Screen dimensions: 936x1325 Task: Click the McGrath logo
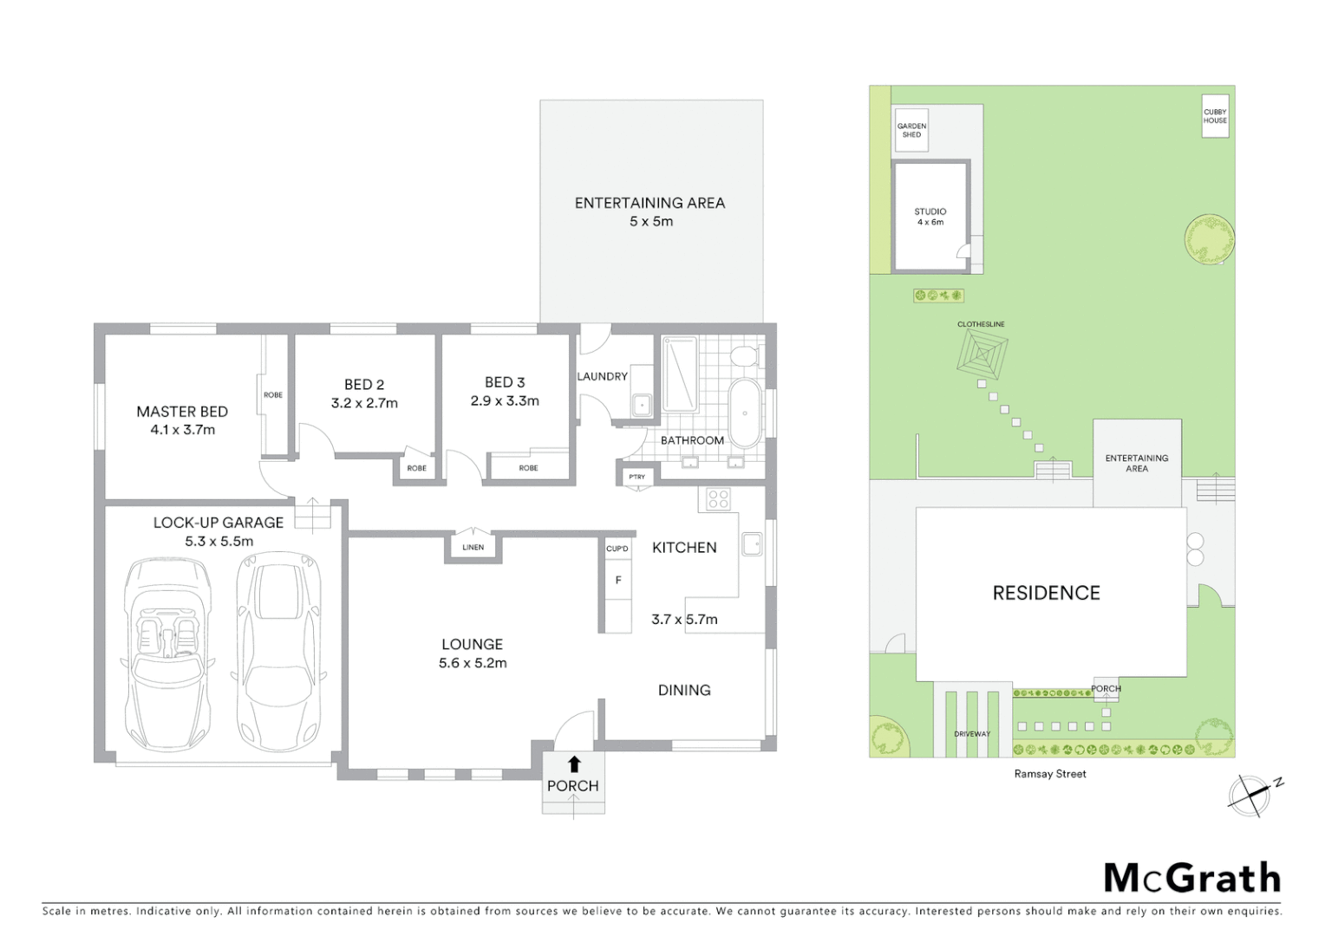tap(1191, 878)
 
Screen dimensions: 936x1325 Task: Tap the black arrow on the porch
tap(573, 764)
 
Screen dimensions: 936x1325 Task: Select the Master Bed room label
tap(182, 412)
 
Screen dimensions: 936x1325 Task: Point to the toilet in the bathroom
tap(744, 356)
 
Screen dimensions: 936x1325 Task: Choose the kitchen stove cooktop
tap(718, 499)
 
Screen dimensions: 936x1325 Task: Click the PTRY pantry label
tap(636, 477)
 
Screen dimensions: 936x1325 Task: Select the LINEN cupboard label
tap(473, 548)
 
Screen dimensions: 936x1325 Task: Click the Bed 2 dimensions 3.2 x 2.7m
tap(364, 403)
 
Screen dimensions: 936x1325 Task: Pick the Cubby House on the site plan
tap(1215, 116)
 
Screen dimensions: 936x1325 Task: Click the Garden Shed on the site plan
tap(911, 131)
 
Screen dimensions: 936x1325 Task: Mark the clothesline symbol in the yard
tap(982, 354)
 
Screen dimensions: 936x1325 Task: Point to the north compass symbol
tap(1250, 793)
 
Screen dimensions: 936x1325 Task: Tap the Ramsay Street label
tap(1050, 774)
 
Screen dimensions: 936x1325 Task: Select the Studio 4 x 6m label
tap(930, 217)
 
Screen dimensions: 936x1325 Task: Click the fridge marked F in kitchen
tap(618, 580)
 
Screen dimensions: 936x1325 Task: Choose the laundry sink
tap(642, 405)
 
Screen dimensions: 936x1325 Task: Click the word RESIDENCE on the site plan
tap(1046, 593)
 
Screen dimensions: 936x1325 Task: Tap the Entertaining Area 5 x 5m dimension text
tap(651, 222)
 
